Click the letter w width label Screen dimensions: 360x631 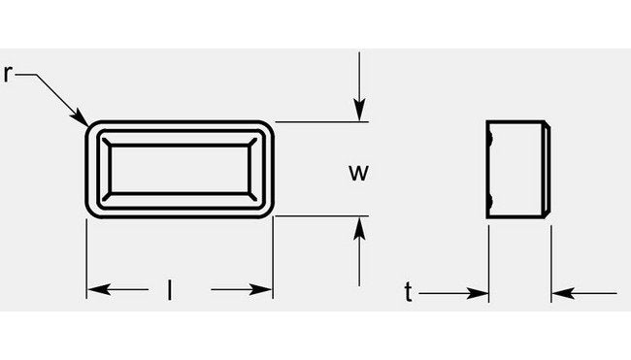358,173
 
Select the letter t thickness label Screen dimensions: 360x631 409,291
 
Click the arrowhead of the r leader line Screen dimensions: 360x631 83,119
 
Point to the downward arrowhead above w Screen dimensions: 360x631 359,112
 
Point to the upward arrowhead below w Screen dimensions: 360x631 359,226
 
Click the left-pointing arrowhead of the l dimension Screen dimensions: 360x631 95,290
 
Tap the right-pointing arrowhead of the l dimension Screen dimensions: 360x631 263,290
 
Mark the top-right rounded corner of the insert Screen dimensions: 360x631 266,128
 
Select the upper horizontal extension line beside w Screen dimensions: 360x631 320,121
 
